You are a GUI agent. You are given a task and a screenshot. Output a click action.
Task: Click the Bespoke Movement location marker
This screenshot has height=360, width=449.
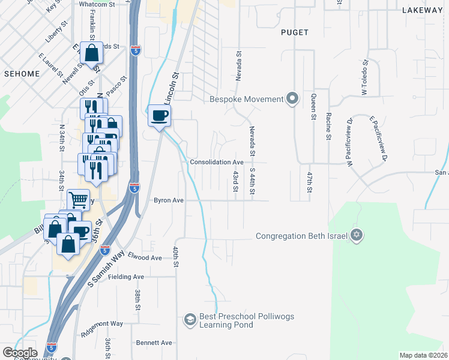[292, 99]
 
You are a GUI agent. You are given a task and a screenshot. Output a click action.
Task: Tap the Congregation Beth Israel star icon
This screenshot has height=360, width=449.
[357, 235]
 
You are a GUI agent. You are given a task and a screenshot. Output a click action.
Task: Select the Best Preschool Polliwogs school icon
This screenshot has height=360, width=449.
[190, 319]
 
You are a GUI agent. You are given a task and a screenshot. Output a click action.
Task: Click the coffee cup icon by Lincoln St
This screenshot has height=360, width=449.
[159, 115]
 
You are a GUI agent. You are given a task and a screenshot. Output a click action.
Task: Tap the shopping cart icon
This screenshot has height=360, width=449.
[78, 199]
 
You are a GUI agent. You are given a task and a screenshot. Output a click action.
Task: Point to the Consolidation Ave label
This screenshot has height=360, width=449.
[217, 162]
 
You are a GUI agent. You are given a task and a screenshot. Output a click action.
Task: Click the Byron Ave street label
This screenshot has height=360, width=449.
[169, 200]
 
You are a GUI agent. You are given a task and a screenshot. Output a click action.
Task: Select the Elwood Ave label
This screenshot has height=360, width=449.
[145, 257]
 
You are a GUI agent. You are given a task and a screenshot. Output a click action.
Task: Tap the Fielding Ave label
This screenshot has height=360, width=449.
[130, 277]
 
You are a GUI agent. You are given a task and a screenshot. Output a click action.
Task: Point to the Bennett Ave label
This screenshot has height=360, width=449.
[154, 343]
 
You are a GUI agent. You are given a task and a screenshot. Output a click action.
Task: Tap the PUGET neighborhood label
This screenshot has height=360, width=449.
[294, 32]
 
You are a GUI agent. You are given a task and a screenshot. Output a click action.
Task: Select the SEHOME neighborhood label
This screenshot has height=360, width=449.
[22, 74]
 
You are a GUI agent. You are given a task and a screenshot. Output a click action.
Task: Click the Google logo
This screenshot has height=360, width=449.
[20, 352]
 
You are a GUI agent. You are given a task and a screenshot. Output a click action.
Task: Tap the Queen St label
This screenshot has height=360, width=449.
[313, 107]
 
